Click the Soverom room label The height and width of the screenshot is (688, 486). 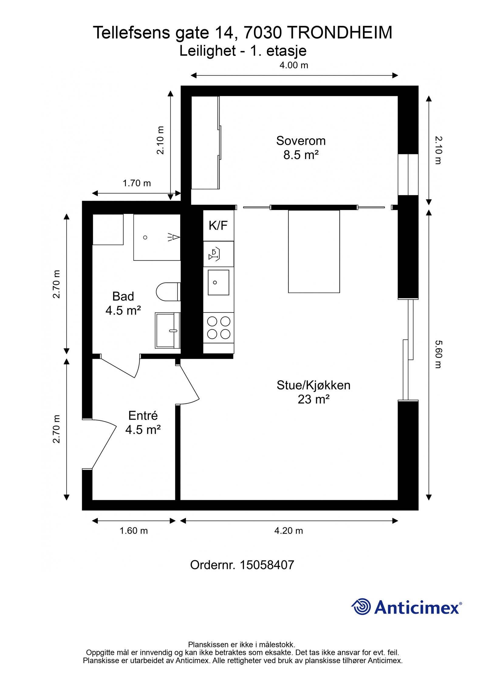pos(300,141)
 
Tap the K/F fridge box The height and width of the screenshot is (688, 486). pos(218,226)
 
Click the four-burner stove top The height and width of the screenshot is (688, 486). pos(218,327)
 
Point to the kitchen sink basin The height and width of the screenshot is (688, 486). pos(218,282)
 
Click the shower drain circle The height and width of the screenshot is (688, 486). pos(145,237)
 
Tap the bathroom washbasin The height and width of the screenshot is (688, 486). pos(167,330)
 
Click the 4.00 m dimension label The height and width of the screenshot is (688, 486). pos(293,65)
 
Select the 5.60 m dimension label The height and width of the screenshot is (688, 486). pos(438,354)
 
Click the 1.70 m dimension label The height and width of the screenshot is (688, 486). pos(136,183)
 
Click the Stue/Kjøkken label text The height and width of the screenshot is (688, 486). pos(313,385)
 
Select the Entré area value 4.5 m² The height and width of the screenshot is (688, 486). pos(143,430)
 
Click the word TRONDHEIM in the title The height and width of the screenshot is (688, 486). pos(339,33)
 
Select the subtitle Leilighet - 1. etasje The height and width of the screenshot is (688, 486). pos(243,51)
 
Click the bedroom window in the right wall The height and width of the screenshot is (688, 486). pos(408,175)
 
